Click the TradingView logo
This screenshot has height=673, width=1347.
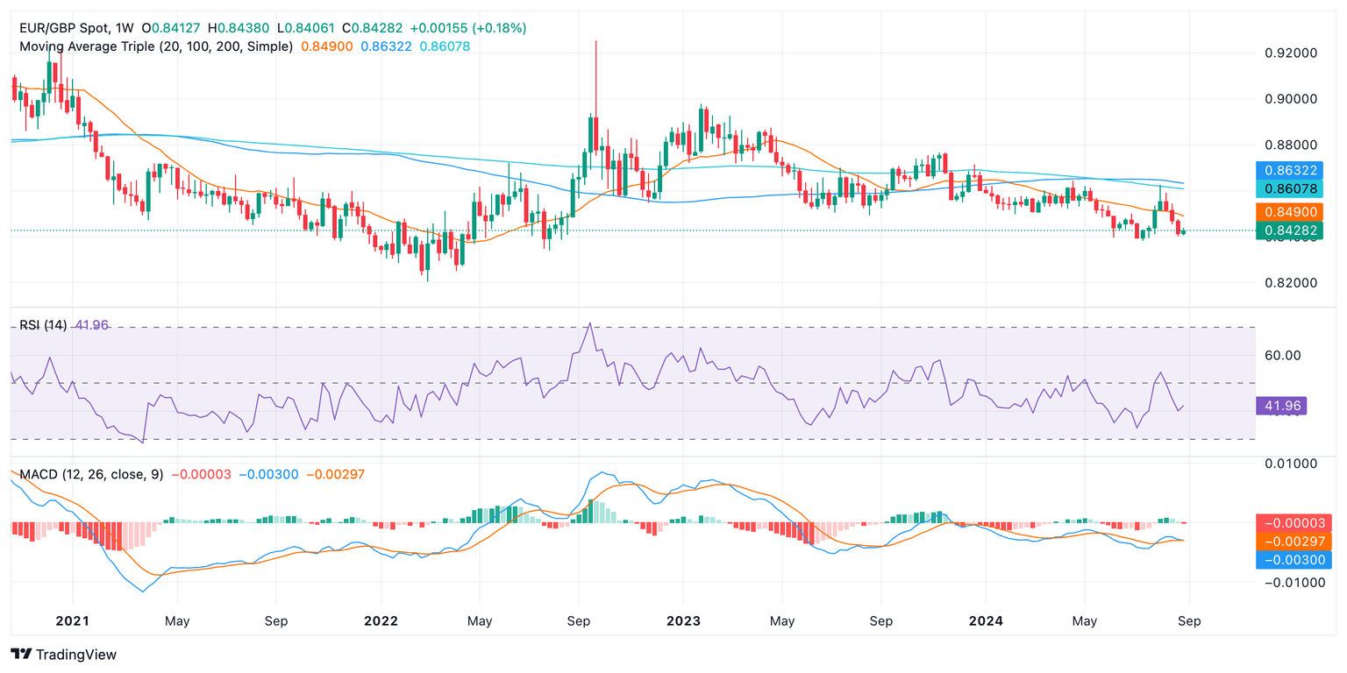pos(63,655)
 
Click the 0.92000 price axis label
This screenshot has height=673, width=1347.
pos(1292,53)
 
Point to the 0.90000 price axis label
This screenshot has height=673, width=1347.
pos(1292,99)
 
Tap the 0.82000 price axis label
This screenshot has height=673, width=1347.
pos(1292,283)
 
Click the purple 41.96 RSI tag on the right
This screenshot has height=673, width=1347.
pos(1281,406)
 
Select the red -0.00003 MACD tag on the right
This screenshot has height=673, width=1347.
pos(1294,523)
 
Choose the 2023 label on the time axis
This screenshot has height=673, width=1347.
pos(683,621)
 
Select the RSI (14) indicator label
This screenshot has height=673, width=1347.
pos(43,326)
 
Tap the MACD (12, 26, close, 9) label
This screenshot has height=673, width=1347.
pos(91,474)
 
